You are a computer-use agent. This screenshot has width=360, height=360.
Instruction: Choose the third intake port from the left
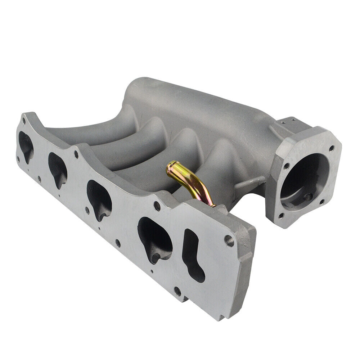pyautogui.click(x=99, y=196)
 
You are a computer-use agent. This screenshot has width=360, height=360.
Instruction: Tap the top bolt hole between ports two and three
pyautogui.click(x=76, y=155)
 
